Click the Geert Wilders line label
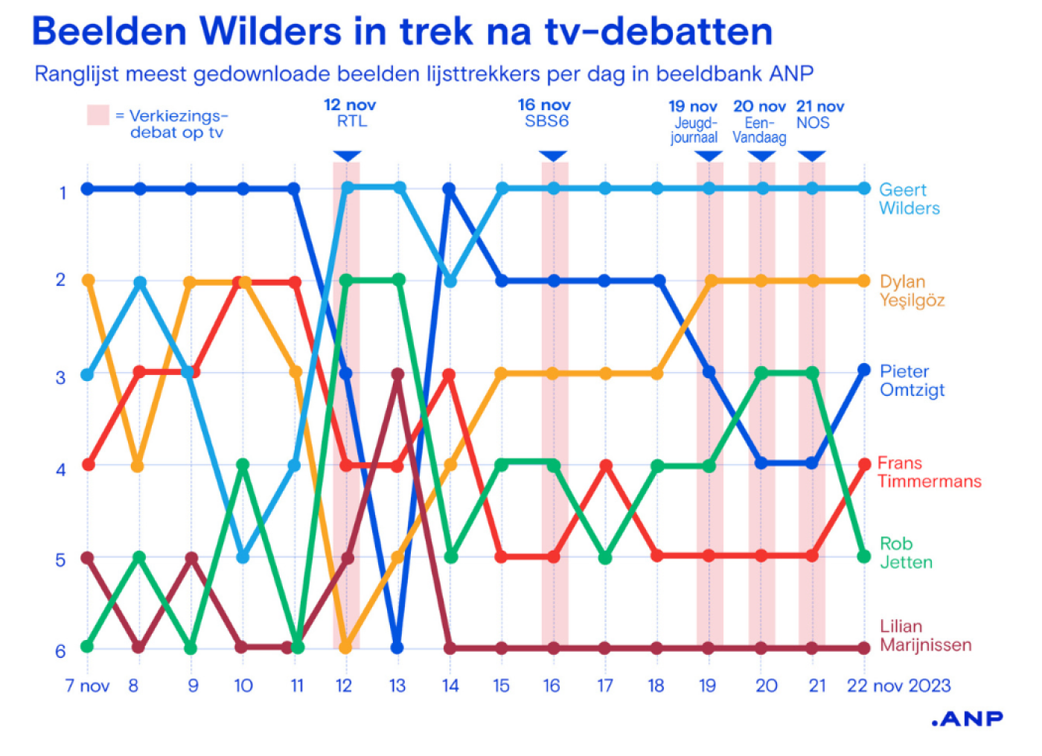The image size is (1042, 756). [x=909, y=199]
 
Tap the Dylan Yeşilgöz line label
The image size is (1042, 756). [x=912, y=291]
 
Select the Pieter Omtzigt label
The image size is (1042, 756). [x=912, y=380]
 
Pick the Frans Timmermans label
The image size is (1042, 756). [x=929, y=472]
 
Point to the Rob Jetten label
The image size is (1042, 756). [x=906, y=553]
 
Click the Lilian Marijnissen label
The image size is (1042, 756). [x=925, y=635]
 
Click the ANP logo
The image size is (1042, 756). [x=967, y=719]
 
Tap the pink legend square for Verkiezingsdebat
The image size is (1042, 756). [x=98, y=115]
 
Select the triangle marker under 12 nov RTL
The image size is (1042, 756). [x=347, y=156]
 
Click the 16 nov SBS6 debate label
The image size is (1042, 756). [x=545, y=113]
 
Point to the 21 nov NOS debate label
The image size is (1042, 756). [x=819, y=115]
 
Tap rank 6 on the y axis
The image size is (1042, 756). [x=61, y=651]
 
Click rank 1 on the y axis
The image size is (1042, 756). [x=63, y=193]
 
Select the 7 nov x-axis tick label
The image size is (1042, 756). [x=87, y=686]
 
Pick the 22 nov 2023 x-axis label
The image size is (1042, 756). [x=898, y=686]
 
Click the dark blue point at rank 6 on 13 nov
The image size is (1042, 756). [x=397, y=647]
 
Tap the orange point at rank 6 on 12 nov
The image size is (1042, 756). [x=345, y=647]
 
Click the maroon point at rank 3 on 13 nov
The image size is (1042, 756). [x=398, y=374]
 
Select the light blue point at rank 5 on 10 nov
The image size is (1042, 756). [x=243, y=557]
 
